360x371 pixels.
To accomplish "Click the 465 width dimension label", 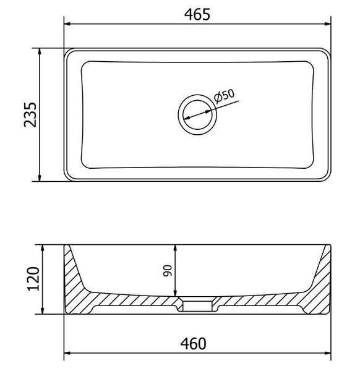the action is pyautogui.click(x=197, y=14).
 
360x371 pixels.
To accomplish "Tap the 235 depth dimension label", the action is pyautogui.click(x=30, y=115).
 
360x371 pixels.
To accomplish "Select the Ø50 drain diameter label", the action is pyautogui.click(x=224, y=96).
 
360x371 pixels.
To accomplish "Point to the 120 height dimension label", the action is pyautogui.click(x=33, y=279).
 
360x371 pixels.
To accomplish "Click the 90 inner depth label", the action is pyautogui.click(x=168, y=271).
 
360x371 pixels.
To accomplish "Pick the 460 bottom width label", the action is pyautogui.click(x=194, y=344).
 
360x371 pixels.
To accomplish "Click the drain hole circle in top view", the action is pyautogui.click(x=197, y=115).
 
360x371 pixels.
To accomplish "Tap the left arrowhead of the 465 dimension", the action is pyautogui.click(x=67, y=24).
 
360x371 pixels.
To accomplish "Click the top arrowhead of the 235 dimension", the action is pyautogui.click(x=40, y=51).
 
